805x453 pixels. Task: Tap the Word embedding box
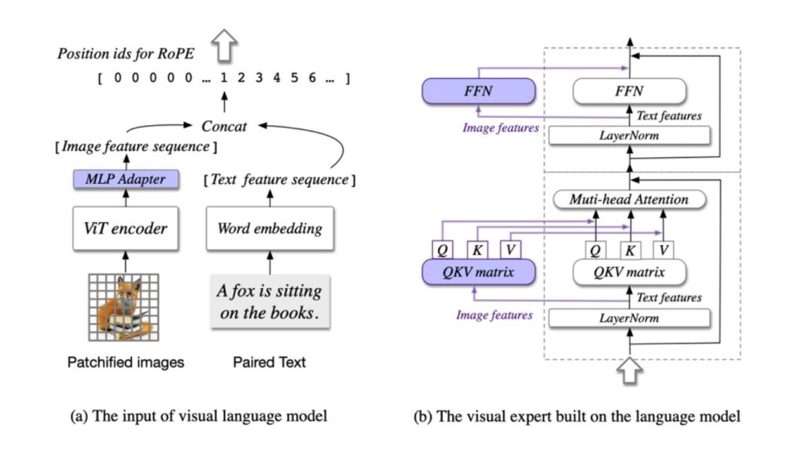[270, 229]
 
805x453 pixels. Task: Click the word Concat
[225, 126]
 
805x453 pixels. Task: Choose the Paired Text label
[270, 363]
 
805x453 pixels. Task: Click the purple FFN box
[479, 92]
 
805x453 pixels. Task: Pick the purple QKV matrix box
[479, 272]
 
